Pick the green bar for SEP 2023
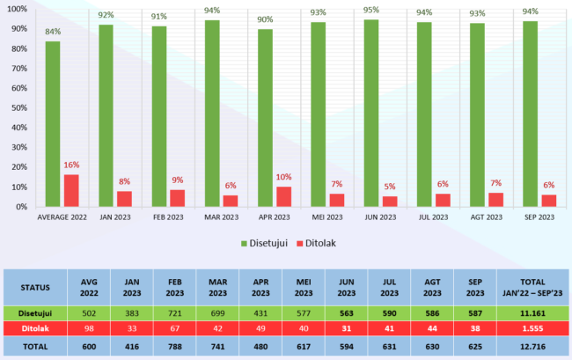point(530,114)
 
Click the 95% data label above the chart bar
point(371,11)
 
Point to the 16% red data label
point(72,165)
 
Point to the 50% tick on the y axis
point(18,107)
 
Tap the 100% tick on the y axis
point(16,9)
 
